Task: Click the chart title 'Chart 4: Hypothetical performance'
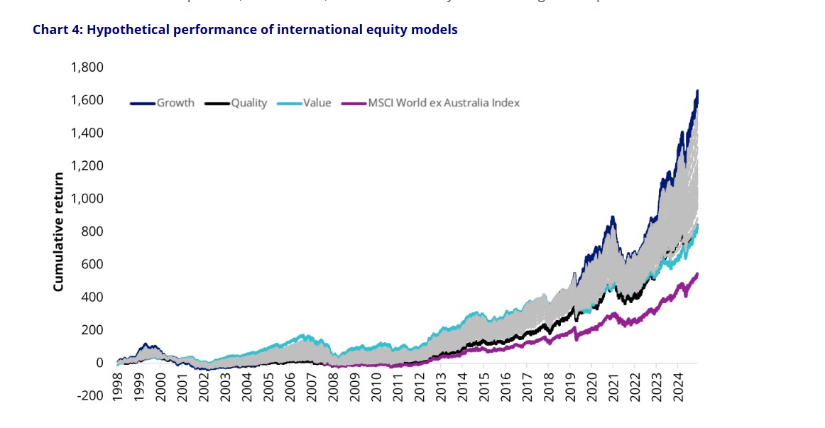pyautogui.click(x=245, y=30)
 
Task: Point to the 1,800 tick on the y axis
pyautogui.click(x=87, y=67)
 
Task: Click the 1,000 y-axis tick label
pyautogui.click(x=87, y=199)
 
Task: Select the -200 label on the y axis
pyautogui.click(x=90, y=395)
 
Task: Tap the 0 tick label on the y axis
pyautogui.click(x=99, y=363)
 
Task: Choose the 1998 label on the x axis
pyautogui.click(x=118, y=388)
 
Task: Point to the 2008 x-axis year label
pyautogui.click(x=333, y=388)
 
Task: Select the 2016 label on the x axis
pyautogui.click(x=506, y=388)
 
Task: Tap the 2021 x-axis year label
pyautogui.click(x=613, y=388)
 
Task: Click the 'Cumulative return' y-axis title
pyautogui.click(x=59, y=231)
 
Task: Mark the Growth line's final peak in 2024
pyautogui.click(x=697, y=91)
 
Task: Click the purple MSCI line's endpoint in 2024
pyautogui.click(x=697, y=274)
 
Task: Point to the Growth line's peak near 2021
pyautogui.click(x=610, y=217)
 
